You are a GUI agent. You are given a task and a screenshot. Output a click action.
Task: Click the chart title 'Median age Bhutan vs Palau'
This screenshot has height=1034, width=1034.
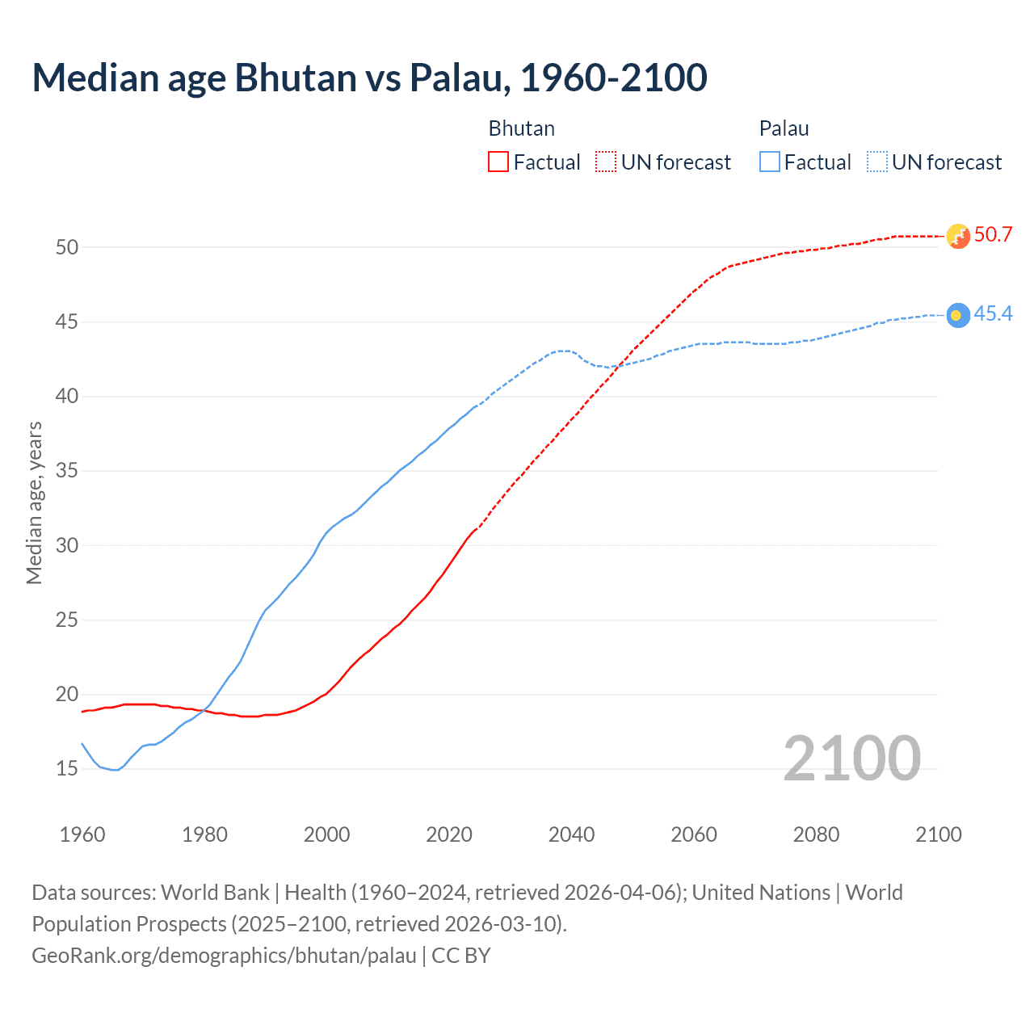pyautogui.click(x=369, y=78)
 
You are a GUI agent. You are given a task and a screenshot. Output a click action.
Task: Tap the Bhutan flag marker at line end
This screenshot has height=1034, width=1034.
pyautogui.click(x=957, y=236)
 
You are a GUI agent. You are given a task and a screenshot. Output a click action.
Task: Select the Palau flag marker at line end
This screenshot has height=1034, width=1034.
pyautogui.click(x=957, y=315)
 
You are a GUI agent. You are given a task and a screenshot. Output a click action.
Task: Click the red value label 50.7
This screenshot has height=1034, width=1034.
pyautogui.click(x=993, y=235)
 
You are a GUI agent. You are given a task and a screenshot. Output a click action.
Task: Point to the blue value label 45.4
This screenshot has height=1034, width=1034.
pyautogui.click(x=993, y=314)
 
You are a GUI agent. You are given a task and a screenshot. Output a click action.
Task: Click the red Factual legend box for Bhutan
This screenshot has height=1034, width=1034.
pyautogui.click(x=498, y=162)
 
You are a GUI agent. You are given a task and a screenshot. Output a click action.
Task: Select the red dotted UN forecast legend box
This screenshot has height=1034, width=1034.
pyautogui.click(x=606, y=162)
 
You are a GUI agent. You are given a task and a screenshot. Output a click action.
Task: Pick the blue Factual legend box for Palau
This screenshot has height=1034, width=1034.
pyautogui.click(x=770, y=162)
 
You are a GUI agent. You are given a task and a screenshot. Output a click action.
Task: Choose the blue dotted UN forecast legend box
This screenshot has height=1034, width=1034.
pyautogui.click(x=876, y=162)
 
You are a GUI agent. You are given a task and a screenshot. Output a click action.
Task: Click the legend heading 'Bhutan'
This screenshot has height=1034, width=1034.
pyautogui.click(x=521, y=128)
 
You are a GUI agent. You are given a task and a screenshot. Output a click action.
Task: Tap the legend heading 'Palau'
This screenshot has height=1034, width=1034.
pyautogui.click(x=784, y=128)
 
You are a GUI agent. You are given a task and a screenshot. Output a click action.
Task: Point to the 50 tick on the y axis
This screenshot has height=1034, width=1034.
pyautogui.click(x=67, y=247)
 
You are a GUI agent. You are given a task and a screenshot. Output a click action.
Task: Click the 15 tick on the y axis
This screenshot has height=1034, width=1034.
pyautogui.click(x=67, y=769)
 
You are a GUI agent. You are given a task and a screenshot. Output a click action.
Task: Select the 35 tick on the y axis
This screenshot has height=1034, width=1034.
pyautogui.click(x=67, y=471)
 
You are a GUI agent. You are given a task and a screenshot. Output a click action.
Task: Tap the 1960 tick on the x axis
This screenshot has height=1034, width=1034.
pyautogui.click(x=82, y=834)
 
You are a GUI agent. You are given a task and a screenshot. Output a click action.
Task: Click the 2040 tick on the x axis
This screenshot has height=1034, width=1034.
pyautogui.click(x=571, y=834)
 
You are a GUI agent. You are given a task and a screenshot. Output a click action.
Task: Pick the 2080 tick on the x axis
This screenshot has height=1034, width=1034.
pyautogui.click(x=816, y=834)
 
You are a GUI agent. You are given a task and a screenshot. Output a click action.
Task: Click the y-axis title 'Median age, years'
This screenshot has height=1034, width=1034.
pyautogui.click(x=34, y=502)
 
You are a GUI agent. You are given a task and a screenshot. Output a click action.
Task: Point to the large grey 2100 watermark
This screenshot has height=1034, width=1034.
pyautogui.click(x=851, y=759)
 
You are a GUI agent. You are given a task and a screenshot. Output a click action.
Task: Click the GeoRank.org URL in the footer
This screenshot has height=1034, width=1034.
pyautogui.click(x=224, y=956)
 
